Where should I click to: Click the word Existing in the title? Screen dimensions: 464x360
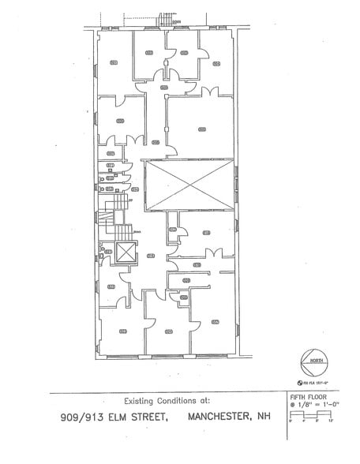click(x=141, y=401)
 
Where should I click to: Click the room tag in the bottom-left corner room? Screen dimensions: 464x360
click(x=122, y=331)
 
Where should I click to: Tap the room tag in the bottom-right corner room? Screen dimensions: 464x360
click(x=216, y=322)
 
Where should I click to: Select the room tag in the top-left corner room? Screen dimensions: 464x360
click(x=114, y=62)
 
